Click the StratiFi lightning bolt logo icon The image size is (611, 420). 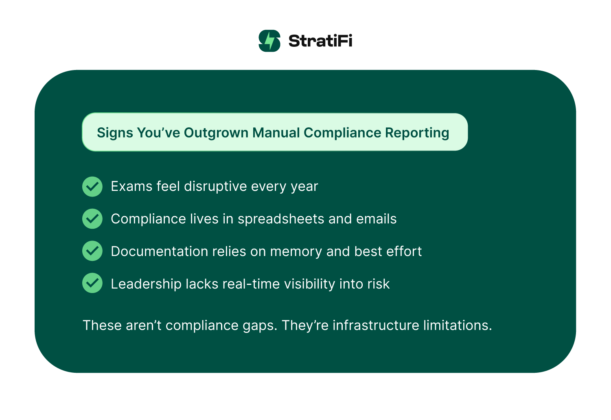pos(269,41)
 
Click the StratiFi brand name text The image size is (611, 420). pos(320,41)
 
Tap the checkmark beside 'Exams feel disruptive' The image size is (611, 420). pos(92,186)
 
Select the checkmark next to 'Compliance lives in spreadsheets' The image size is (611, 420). pos(92,219)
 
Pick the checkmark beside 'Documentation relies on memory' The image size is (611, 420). pos(92,251)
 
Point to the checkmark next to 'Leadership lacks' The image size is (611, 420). pos(92,283)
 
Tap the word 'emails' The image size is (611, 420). pos(376,219)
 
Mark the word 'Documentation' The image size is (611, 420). pos(159,252)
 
